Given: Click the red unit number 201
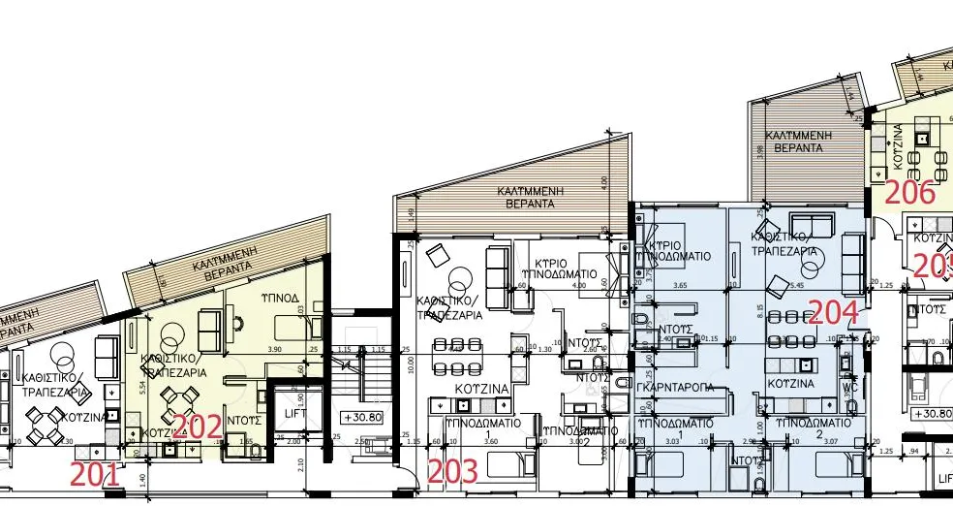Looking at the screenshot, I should (x=95, y=475).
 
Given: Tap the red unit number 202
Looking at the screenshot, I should (x=197, y=427).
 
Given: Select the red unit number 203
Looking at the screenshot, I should (x=453, y=472).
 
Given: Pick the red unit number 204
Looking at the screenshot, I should (x=833, y=312).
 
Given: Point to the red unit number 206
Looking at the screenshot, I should (x=910, y=193).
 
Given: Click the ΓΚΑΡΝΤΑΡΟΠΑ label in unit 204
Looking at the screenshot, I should (x=676, y=387).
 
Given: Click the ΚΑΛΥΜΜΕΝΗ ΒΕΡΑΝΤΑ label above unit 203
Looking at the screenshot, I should (x=533, y=199).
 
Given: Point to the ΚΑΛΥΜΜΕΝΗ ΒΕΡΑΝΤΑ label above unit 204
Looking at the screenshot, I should (x=792, y=142).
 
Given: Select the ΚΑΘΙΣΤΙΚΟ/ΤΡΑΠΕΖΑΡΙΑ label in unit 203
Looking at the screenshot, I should (x=448, y=308).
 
